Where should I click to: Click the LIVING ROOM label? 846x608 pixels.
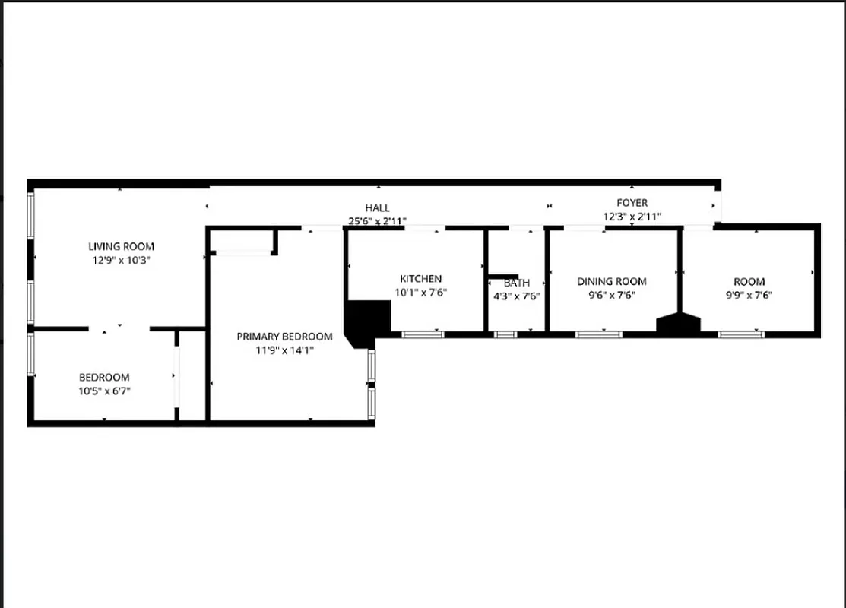[121, 246]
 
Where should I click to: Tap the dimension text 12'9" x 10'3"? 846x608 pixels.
[121, 260]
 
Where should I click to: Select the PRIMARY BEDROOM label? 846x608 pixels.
[284, 337]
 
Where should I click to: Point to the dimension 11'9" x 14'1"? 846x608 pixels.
[284, 350]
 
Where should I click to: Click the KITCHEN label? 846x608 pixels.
[420, 279]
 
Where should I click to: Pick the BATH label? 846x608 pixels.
[516, 283]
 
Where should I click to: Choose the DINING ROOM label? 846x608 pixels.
[611, 281]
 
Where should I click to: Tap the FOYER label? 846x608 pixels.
[632, 203]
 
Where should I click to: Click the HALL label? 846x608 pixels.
[377, 207]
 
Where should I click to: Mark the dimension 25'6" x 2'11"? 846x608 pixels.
[377, 221]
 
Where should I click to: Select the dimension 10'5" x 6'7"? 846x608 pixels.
[104, 391]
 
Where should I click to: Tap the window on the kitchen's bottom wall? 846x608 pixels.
[423, 334]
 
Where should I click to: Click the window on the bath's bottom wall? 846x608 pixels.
[505, 334]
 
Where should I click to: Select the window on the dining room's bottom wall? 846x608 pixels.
[599, 334]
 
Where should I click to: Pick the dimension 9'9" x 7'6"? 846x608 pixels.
[749, 296]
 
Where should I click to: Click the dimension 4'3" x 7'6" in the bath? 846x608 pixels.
[516, 296]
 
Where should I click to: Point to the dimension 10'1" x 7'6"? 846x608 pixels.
[420, 293]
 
